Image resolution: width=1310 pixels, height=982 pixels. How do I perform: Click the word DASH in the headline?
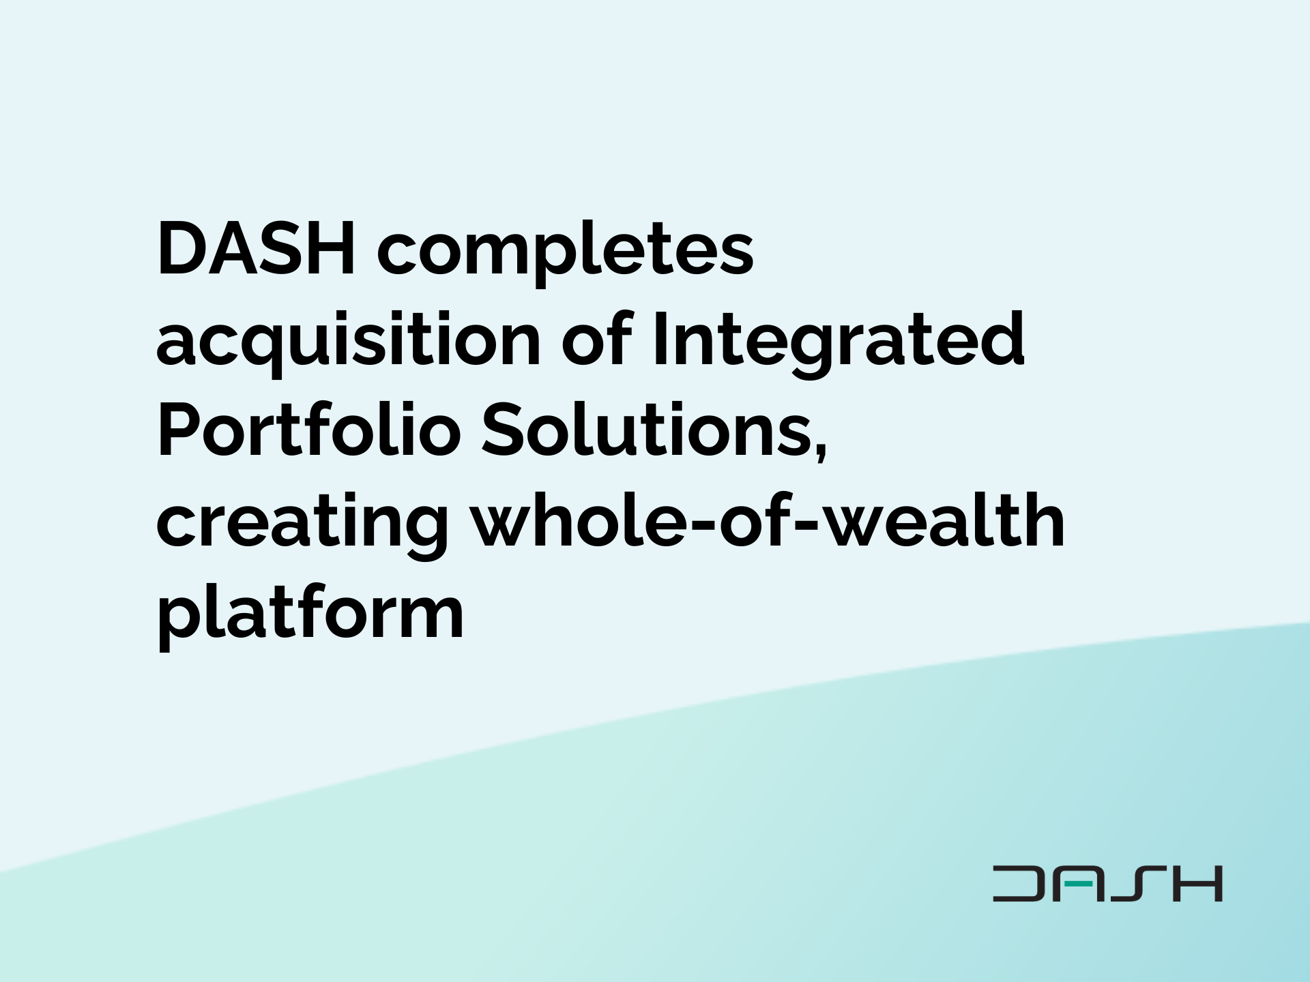[257, 248]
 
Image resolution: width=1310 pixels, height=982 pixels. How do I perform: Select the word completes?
[565, 252]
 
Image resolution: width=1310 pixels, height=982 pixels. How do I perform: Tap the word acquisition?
[348, 341]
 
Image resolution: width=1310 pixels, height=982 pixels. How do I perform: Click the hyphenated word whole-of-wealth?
[768, 521]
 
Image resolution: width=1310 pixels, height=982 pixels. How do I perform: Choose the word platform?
[310, 614]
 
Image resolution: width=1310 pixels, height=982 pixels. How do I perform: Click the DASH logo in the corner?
[1107, 884]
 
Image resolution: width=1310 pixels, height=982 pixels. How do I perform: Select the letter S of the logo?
[1137, 884]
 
